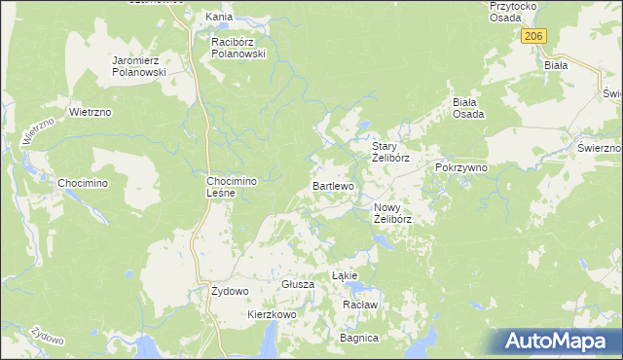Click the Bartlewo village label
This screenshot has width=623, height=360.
(334, 185)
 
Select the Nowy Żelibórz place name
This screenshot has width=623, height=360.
(393, 213)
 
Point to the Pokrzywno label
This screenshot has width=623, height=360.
(461, 167)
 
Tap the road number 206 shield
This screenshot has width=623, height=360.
(532, 36)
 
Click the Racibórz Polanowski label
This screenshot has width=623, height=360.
(239, 49)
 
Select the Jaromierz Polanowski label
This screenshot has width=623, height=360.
(140, 66)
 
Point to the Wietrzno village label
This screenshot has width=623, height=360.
(92, 112)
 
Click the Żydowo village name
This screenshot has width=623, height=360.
(231, 291)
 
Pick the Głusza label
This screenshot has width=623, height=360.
(297, 284)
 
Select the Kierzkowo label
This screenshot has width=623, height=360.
(272, 315)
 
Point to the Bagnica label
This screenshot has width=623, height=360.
(358, 338)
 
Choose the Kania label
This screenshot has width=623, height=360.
(216, 18)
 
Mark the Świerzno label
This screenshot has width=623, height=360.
(599, 147)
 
